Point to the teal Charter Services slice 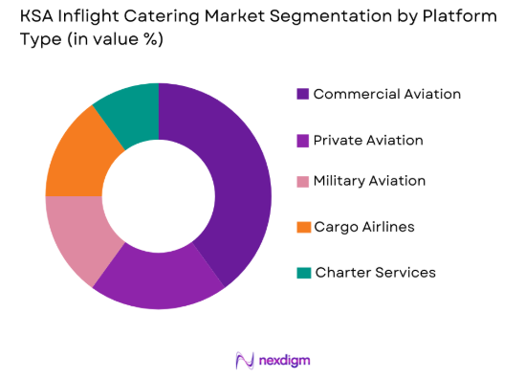pyautogui.click(x=130, y=111)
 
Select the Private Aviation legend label pyautogui.click(x=367, y=140)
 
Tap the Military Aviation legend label pyautogui.click(x=369, y=181)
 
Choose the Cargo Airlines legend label pyautogui.click(x=363, y=227)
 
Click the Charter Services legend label pyautogui.click(x=374, y=273)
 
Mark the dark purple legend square pyautogui.click(x=303, y=94)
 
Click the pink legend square pyautogui.click(x=303, y=182)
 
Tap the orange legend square pyautogui.click(x=303, y=227)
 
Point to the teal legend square pyautogui.click(x=303, y=273)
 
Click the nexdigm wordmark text pyautogui.click(x=282, y=360)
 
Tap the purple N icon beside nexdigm pyautogui.click(x=243, y=360)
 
